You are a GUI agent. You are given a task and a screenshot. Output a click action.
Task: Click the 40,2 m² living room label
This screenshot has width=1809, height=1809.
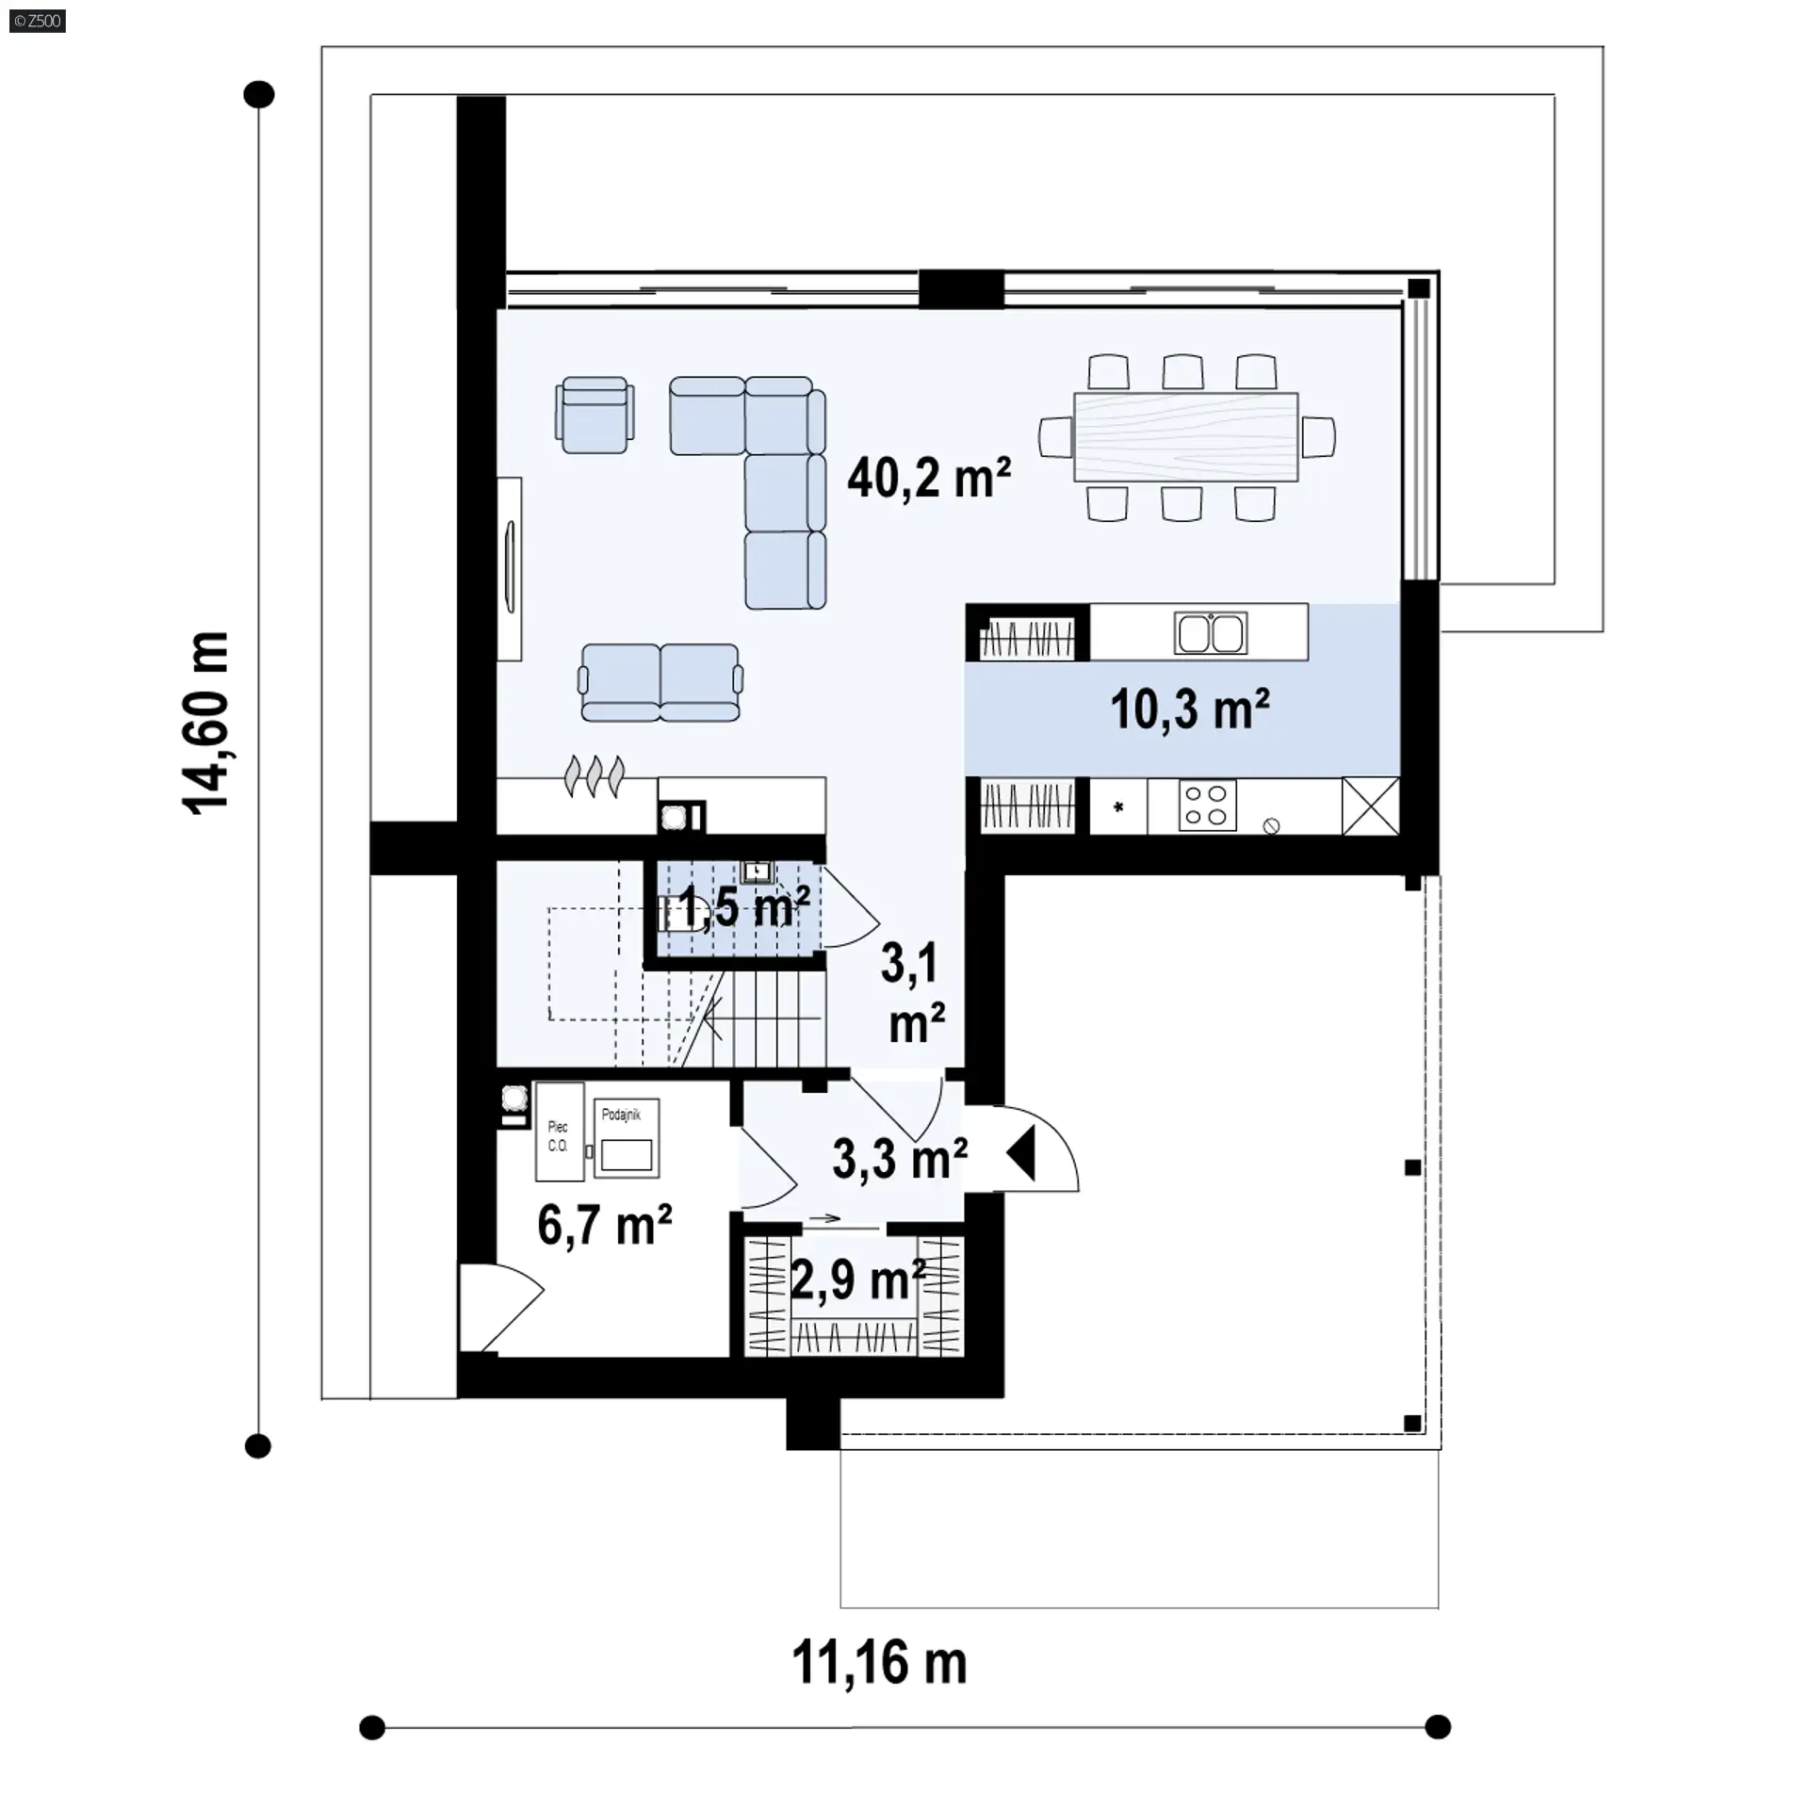[929, 478]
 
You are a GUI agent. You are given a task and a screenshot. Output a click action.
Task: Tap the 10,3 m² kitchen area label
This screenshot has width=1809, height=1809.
[1190, 709]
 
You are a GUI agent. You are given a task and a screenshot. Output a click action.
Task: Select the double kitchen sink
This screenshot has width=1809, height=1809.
[1211, 632]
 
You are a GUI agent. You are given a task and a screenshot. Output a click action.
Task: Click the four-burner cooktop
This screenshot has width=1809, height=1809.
[1206, 806]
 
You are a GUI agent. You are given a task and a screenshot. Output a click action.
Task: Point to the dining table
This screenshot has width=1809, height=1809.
[1186, 437]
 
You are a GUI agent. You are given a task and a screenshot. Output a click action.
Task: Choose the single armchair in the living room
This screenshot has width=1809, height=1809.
[594, 415]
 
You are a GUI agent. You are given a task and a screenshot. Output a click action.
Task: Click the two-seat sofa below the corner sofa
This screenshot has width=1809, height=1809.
[660, 683]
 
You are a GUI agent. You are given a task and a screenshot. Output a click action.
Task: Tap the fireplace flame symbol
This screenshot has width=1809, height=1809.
[594, 777]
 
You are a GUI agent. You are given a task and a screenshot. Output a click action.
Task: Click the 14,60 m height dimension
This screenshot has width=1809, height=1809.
[205, 723]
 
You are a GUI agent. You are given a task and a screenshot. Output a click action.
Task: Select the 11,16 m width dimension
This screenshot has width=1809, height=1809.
[879, 1662]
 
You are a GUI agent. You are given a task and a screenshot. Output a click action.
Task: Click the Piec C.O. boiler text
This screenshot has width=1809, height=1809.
[558, 1136]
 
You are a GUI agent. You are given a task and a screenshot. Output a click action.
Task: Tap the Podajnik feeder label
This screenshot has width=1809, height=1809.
[621, 1115]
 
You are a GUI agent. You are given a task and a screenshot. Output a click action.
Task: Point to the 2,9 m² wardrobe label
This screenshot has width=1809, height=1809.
[857, 1279]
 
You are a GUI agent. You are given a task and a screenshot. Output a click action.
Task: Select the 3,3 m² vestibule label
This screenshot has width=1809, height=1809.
[900, 1159]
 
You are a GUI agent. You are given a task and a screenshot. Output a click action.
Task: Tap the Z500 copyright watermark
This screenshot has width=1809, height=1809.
[38, 21]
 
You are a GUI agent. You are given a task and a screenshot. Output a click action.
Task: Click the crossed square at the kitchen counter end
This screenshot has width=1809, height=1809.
[1371, 806]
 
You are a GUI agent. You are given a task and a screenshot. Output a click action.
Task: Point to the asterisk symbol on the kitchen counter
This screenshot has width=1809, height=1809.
[1118, 807]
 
